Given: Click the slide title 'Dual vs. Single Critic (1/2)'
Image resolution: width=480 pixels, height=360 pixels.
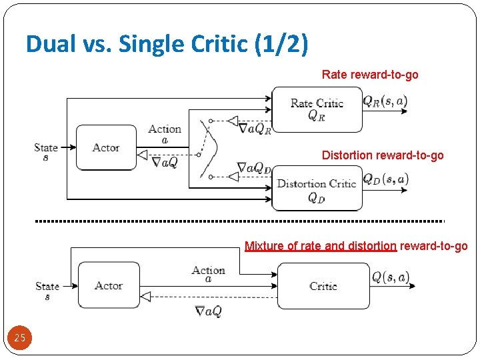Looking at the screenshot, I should [x=167, y=45].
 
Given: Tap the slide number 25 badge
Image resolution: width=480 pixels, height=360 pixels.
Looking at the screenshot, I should [x=20, y=338].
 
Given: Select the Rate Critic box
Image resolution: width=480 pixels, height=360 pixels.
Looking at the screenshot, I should [x=317, y=109].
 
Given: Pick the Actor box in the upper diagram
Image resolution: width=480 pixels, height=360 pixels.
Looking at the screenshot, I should [x=106, y=147].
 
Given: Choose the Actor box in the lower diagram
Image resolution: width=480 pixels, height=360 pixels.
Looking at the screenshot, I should [x=109, y=285].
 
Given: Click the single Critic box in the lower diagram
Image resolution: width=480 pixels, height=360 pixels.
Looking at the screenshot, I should [x=323, y=286].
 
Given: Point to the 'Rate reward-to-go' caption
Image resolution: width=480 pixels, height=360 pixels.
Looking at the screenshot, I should [x=370, y=75].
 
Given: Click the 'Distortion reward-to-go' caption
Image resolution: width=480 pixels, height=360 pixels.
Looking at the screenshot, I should [x=382, y=155].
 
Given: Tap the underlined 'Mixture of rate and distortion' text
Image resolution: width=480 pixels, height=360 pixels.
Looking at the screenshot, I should [x=321, y=246].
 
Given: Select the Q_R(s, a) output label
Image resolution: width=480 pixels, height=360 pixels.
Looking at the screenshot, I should [x=385, y=102].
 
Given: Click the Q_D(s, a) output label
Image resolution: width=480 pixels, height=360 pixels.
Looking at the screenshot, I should [x=385, y=179].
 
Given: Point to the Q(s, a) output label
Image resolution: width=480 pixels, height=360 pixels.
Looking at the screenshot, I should [x=390, y=277].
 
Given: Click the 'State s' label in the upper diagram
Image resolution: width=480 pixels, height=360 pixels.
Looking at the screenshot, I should [x=46, y=151].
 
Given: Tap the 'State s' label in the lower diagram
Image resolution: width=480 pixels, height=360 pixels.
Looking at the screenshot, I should [x=47, y=290].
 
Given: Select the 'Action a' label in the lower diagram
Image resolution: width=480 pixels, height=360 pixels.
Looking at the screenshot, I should [x=208, y=274].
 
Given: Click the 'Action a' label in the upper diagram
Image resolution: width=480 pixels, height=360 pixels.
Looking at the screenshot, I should [x=165, y=133].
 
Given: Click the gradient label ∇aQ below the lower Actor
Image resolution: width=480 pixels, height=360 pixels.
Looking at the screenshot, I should [x=208, y=311].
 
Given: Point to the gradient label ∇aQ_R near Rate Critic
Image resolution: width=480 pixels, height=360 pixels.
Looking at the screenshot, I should [x=255, y=128].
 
